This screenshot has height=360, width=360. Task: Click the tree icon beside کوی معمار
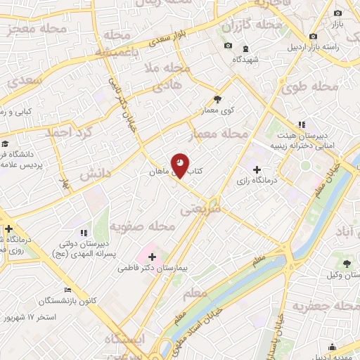point(218,99)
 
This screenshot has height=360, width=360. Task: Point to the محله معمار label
point(219,133)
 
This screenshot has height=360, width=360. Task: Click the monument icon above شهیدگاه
point(244,48)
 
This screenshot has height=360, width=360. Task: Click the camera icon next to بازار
point(338,13)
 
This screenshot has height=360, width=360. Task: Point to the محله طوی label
point(310,88)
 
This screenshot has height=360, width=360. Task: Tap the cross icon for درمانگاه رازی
point(257,169)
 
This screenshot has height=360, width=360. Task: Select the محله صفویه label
point(142,226)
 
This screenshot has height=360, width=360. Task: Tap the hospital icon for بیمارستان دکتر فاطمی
point(153,257)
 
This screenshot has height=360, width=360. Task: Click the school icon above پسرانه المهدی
point(83,232)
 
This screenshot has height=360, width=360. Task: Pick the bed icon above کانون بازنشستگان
point(67,290)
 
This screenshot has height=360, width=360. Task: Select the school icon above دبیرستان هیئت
point(302,124)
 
